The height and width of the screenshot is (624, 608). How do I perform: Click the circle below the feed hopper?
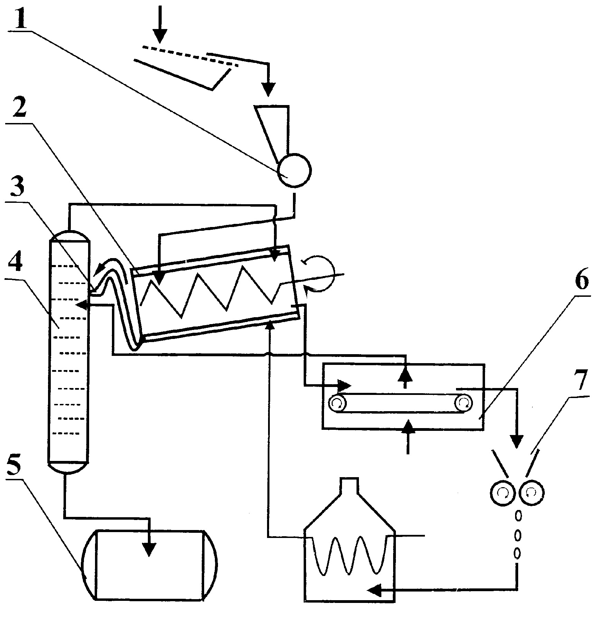click(295, 170)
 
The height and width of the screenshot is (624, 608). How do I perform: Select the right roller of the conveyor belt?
click(464, 403)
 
